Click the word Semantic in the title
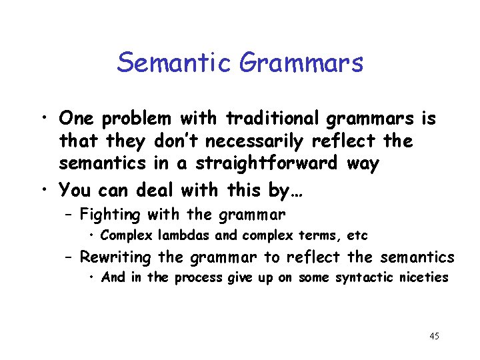[x=175, y=63]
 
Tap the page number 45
[x=434, y=336]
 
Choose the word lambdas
[x=167, y=236]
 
